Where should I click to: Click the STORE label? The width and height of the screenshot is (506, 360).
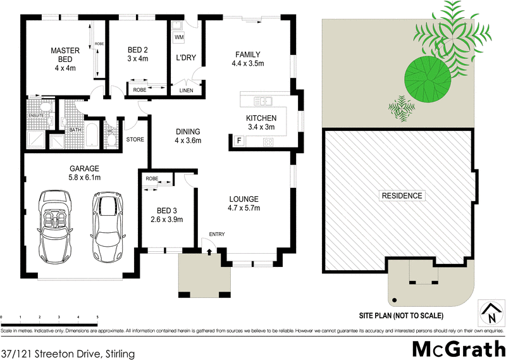point(135,139)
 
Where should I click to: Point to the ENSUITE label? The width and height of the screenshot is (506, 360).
point(35,116)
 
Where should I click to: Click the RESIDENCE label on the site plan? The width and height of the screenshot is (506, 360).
point(402,196)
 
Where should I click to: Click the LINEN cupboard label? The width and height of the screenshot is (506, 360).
point(187,90)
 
